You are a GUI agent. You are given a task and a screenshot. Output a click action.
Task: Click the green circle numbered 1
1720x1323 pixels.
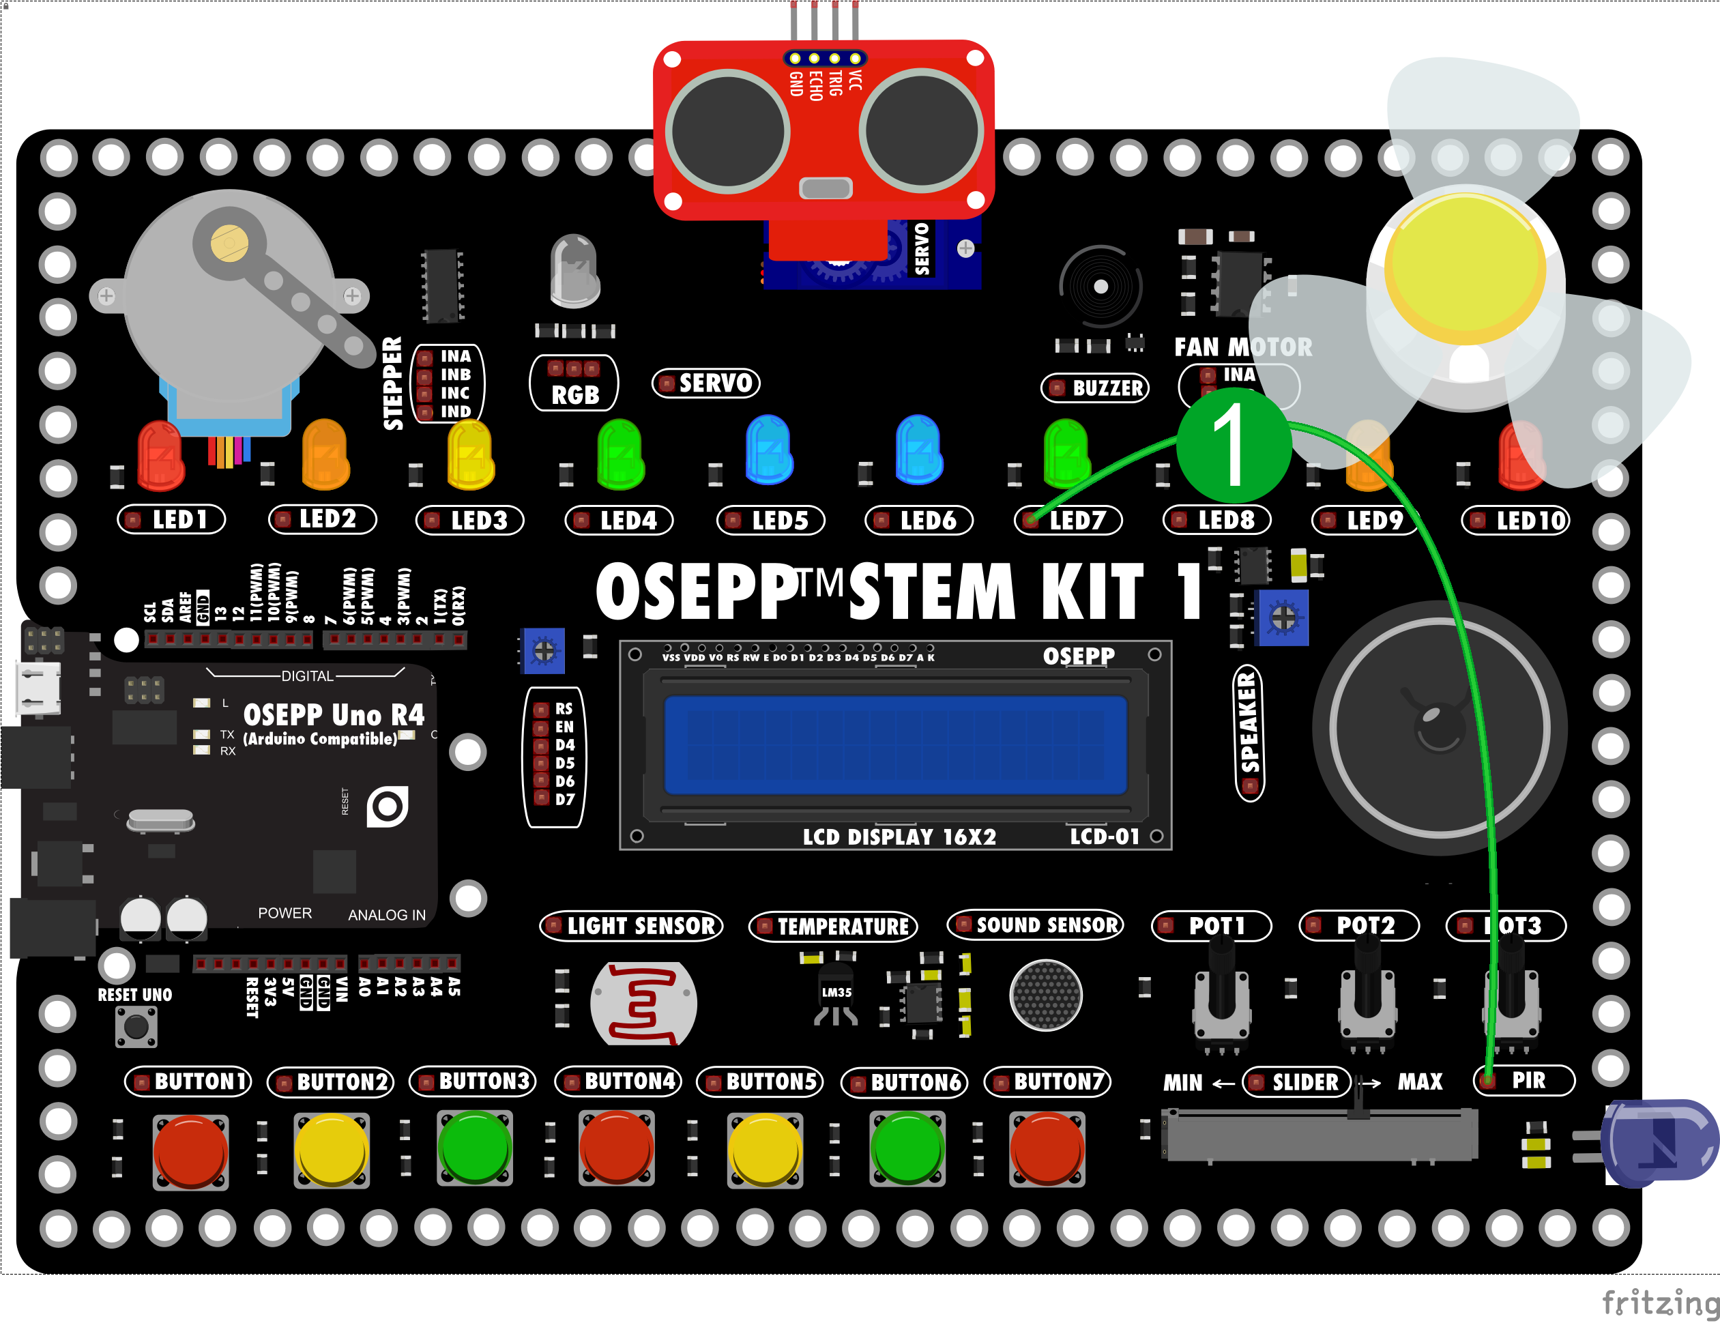tap(1234, 446)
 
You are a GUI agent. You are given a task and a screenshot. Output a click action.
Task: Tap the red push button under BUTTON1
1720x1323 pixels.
tap(190, 1150)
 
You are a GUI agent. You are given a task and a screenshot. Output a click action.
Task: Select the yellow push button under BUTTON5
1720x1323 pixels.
tap(764, 1150)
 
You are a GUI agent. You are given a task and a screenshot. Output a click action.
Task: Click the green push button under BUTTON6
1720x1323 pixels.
tap(907, 1149)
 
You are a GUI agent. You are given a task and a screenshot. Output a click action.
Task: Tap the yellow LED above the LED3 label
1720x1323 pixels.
tap(470, 456)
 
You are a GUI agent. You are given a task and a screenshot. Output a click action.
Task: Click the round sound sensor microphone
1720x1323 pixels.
tap(1046, 995)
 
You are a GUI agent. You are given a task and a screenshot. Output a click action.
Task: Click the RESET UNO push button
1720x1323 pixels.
tap(136, 1027)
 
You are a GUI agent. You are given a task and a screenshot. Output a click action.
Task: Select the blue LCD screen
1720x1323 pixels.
tap(895, 745)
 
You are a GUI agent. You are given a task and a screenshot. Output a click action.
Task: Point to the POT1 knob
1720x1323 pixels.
tap(1221, 985)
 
